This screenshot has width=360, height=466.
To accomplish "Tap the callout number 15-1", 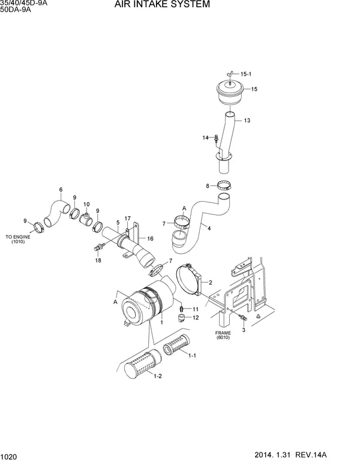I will click(246, 74).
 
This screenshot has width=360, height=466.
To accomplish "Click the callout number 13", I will click(247, 121).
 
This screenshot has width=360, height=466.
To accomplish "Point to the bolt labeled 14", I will click(216, 139).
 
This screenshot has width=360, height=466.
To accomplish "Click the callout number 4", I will click(208, 228).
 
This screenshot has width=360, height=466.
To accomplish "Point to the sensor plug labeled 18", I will click(96, 246).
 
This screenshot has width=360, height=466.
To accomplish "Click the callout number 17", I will click(127, 217).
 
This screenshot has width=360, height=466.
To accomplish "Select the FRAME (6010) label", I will click(223, 334).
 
